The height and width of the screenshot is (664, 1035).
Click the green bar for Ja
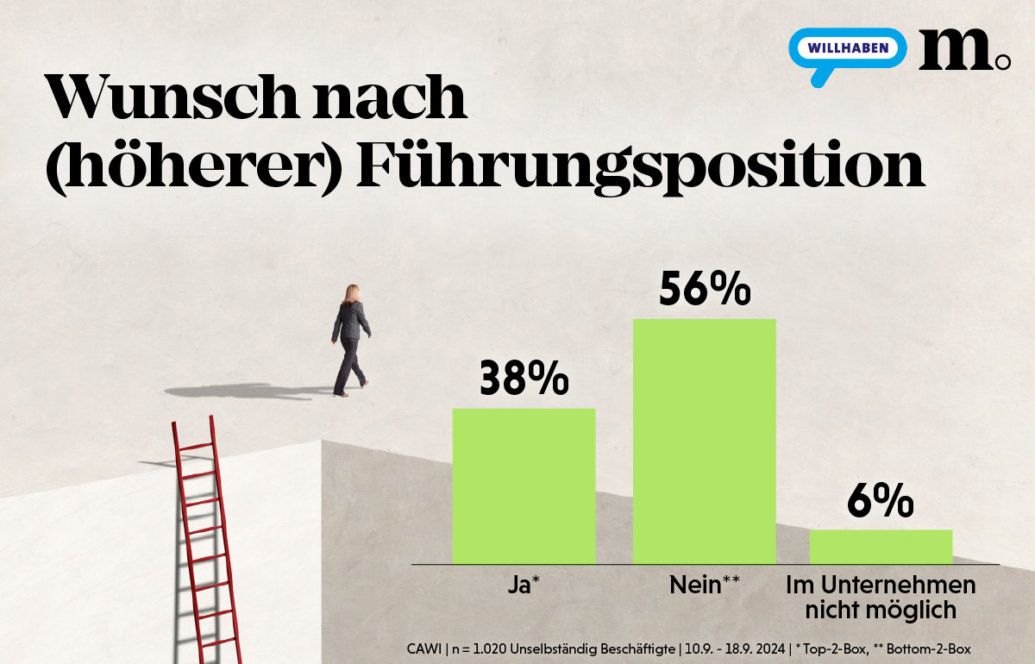pos(524,485)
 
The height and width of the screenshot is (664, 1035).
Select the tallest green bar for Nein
pos(704,441)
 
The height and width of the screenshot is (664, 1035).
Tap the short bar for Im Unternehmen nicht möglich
pos(880,546)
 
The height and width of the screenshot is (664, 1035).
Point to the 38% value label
pos(524,379)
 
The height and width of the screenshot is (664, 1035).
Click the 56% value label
pos(704,289)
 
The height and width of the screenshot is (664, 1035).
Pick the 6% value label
pos(880,501)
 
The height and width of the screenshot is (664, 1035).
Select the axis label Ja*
pos(524,586)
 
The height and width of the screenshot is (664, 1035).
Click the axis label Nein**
pos(704,586)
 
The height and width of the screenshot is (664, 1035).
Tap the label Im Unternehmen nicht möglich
pos(881,598)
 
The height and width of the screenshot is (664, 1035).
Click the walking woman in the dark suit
pos(350,341)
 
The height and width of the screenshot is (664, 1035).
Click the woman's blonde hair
pos(352,295)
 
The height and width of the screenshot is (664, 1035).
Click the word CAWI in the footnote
pos(423,648)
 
